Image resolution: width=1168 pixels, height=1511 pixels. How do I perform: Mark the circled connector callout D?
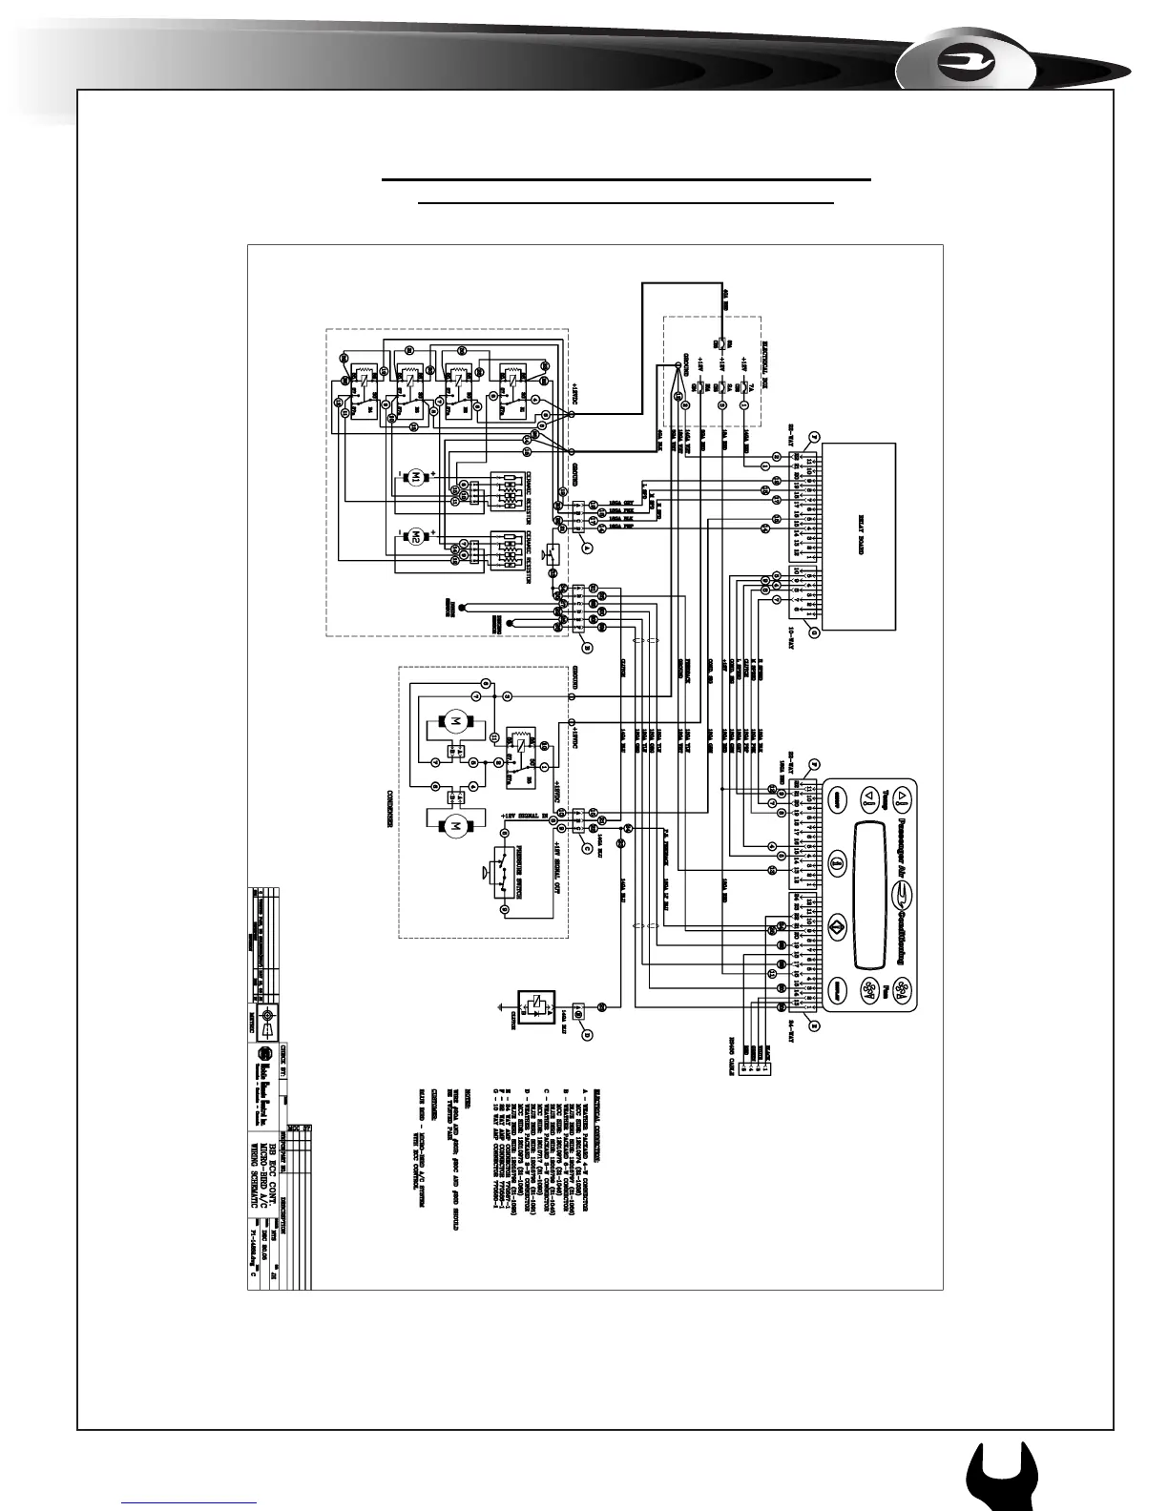coord(588,1034)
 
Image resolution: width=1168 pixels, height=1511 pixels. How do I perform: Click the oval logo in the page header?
coord(967,64)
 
